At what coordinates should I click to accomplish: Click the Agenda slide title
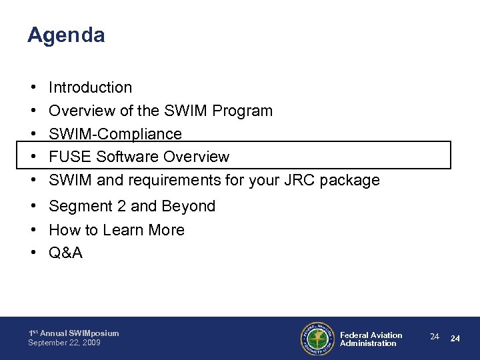[66, 36]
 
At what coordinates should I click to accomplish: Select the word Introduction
[91, 87]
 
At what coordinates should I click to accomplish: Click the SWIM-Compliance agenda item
[115, 134]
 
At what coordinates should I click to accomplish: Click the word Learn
[135, 230]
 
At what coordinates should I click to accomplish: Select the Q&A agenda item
[66, 253]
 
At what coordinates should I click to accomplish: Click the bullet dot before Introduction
[32, 87]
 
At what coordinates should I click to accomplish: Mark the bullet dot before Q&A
[32, 253]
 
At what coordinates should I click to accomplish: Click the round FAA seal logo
[317, 339]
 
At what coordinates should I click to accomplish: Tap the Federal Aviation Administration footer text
[371, 339]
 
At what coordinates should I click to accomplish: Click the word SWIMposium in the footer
[93, 333]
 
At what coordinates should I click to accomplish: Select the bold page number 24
[455, 338]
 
